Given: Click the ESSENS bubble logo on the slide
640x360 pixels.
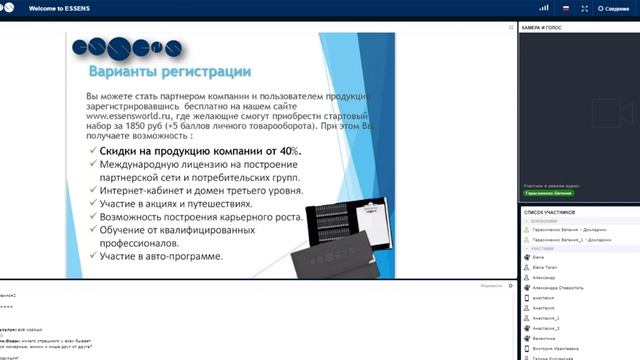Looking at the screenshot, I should (x=125, y=48).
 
